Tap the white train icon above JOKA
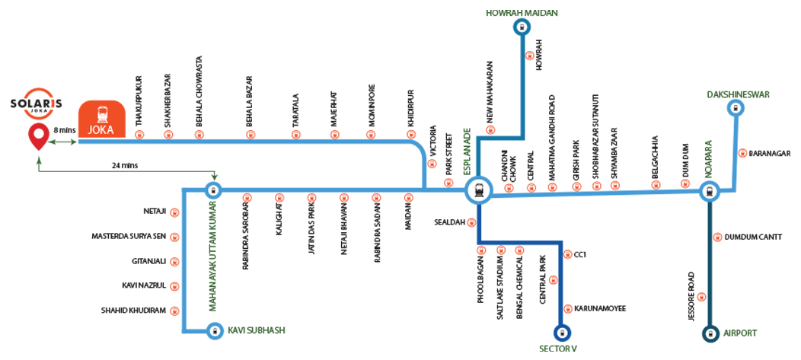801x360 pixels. point(102,115)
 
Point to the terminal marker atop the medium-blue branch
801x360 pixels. point(522,27)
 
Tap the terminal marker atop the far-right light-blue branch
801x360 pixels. point(736,108)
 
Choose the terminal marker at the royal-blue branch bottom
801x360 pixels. point(562,333)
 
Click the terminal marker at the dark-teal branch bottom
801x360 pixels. point(710,333)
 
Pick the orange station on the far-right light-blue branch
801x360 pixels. point(744,153)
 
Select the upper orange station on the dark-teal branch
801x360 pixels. point(716,237)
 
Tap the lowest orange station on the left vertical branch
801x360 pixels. point(177,312)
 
